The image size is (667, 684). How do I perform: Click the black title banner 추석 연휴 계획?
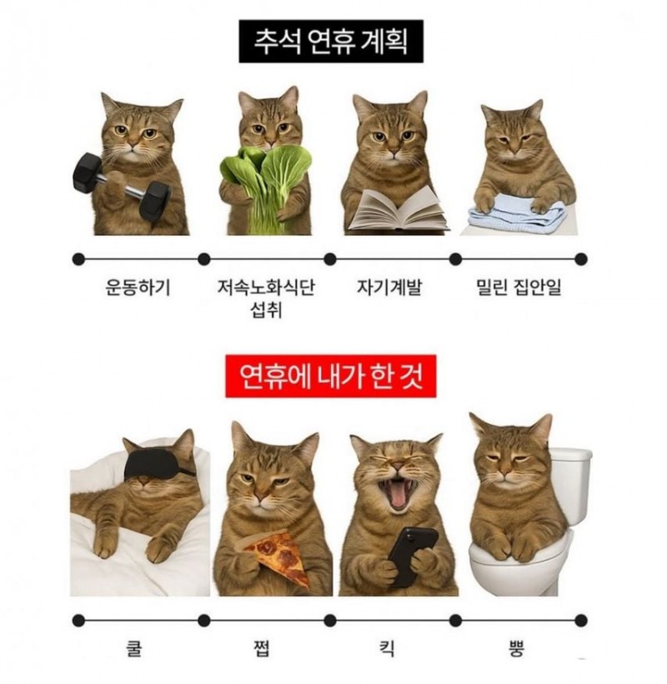331,41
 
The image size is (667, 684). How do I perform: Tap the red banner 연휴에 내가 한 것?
331,377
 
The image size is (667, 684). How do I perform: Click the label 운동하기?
138,288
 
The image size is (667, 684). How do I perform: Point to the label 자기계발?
389,288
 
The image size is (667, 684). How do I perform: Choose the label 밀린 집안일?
519,288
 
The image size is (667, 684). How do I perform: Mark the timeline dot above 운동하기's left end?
78,259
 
